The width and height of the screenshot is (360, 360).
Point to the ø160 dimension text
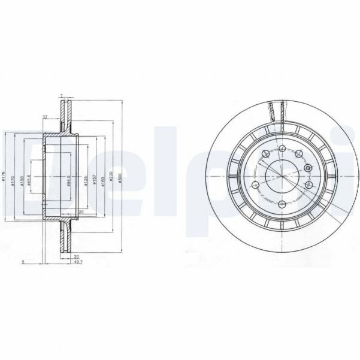pos(103,179)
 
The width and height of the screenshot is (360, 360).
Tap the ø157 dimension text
pos(95,179)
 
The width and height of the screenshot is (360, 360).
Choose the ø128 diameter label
pos(86,179)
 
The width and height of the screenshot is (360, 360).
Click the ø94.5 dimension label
pos(70,179)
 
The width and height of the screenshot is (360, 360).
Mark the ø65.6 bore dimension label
pos(29,179)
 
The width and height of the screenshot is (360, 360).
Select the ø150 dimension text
pos(22,179)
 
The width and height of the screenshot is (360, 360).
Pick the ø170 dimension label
pos(13,179)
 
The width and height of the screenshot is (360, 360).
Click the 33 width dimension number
pos(46,117)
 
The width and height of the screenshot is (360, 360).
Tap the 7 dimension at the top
pos(61,96)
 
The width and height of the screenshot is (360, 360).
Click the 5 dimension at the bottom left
pos(22,262)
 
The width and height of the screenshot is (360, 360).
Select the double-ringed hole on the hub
pos(307,170)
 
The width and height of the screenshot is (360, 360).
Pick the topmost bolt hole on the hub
pos(282,148)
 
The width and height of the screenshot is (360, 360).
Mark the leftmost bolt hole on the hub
pos(255,184)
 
